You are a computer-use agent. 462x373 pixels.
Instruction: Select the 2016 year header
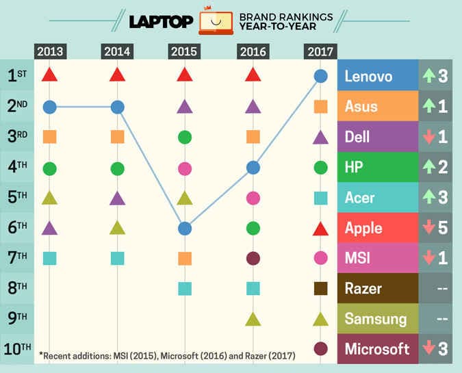point(253,51)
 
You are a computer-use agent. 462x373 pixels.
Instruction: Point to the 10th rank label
point(16,348)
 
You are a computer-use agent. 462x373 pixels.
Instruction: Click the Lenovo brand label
point(369,76)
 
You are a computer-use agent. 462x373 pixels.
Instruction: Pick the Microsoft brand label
point(377,348)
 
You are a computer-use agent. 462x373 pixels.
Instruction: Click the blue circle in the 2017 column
point(320,76)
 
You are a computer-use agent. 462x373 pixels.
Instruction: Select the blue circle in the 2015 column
point(184,228)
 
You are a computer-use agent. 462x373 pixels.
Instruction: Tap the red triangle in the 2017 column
point(320,229)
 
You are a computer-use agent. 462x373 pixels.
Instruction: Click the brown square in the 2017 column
point(320,288)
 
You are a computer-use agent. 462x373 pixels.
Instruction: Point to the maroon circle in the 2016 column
point(253,258)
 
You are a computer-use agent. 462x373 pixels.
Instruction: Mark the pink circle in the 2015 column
point(184,168)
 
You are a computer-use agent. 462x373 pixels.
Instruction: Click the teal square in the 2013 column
point(49,258)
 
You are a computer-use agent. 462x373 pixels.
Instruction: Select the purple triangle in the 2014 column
point(117,198)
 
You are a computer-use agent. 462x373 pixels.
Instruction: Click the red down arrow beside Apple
point(428,228)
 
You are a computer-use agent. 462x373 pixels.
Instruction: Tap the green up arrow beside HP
point(428,167)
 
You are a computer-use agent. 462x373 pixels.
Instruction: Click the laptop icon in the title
point(216,23)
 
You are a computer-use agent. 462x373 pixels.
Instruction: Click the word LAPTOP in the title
point(161,23)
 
